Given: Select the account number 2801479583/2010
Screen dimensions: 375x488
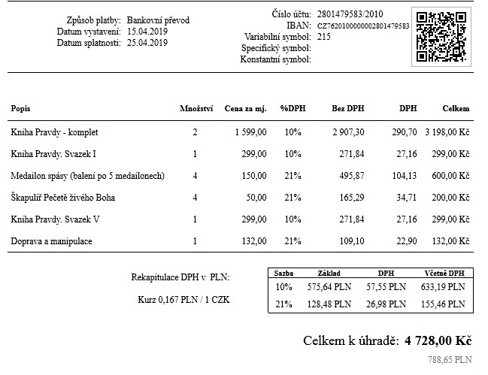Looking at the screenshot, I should click(349, 14).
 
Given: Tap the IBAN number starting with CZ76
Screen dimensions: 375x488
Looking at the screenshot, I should click(362, 26).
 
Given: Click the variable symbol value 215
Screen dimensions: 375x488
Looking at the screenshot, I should click(324, 36).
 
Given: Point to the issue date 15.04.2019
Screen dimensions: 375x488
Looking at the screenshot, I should click(147, 32).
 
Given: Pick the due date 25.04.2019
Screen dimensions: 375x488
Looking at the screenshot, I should click(147, 43).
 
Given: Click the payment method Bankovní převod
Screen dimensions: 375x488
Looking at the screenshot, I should click(158, 20).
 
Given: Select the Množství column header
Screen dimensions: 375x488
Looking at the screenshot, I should click(195, 109).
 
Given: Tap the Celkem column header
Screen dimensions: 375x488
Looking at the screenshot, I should click(456, 109).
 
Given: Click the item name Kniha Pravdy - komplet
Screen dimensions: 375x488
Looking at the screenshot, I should click(55, 132).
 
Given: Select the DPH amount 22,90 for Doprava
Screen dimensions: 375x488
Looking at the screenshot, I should click(405, 241).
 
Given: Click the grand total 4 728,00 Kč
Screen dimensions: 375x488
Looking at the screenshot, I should click(438, 340).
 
